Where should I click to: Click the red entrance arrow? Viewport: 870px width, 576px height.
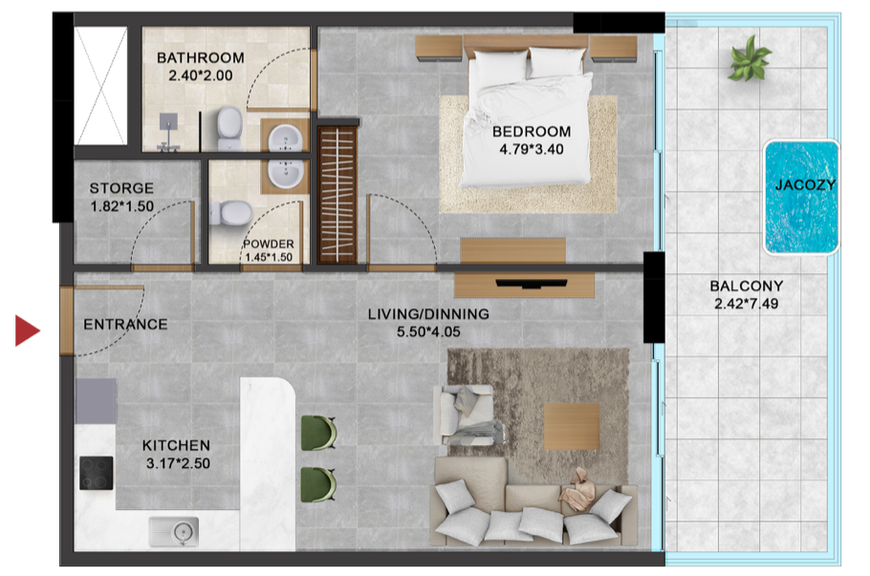pos(27,331)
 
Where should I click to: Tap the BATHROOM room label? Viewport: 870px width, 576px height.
pos(201,57)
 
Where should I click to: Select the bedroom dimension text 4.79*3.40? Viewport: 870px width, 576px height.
pos(532,149)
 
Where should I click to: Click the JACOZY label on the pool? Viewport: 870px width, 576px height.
pos(805,184)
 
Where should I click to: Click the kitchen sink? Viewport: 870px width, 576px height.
pos(174,532)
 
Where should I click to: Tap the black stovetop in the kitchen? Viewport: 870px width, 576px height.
pos(96,472)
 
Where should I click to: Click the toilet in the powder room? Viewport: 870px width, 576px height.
pos(230,213)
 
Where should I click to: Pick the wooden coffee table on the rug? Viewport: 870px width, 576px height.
pos(572,426)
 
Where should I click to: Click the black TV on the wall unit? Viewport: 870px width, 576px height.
pos(531,284)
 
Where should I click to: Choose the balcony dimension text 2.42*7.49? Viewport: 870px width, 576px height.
pos(747,304)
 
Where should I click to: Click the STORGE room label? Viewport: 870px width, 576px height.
pos(121,188)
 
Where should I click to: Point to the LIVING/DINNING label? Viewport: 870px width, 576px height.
pos(428,313)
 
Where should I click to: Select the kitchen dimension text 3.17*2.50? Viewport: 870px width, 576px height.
pos(178,463)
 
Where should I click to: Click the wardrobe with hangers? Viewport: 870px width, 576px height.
pos(337,195)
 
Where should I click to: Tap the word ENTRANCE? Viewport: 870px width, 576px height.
pos(125,325)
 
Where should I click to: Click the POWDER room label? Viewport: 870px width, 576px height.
pos(269,244)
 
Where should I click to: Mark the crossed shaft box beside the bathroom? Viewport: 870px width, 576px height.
pos(101,86)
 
